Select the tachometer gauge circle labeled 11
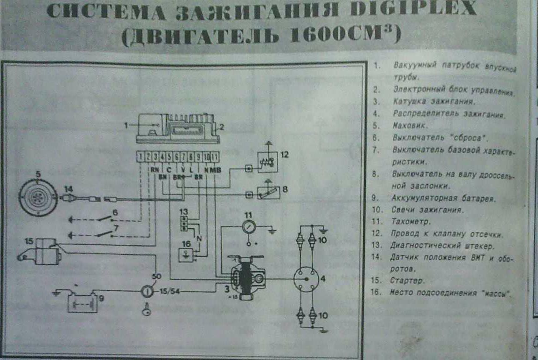pos(248,227)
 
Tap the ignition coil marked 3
pos(245,277)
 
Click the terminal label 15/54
pos(170,292)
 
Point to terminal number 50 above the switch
pos(156,277)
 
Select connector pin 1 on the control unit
pos(141,157)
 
